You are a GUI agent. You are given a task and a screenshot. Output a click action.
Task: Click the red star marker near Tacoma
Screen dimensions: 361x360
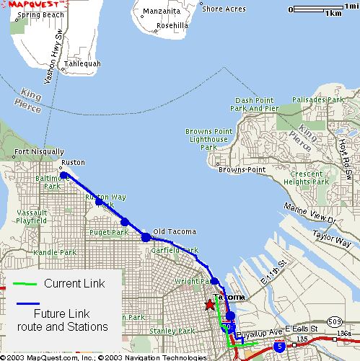click(x=209, y=305)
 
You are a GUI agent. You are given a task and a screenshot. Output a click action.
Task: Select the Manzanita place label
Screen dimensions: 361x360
click(x=161, y=12)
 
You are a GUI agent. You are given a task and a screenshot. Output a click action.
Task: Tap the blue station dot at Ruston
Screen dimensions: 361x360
click(x=64, y=175)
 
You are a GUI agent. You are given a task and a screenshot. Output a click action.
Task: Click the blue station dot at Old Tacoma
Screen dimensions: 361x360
click(x=146, y=236)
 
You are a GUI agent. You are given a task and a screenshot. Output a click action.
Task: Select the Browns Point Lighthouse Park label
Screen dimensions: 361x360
click(x=208, y=139)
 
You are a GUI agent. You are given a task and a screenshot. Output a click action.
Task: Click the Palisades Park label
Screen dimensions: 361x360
click(x=318, y=99)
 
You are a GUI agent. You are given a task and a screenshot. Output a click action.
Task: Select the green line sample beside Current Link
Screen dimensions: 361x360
click(x=24, y=284)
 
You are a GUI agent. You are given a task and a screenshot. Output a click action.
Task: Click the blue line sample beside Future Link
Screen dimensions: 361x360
click(x=24, y=304)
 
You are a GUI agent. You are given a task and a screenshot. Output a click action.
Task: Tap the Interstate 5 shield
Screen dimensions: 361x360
click(x=279, y=347)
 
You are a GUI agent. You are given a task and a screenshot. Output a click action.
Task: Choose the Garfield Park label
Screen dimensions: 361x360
click(x=175, y=251)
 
